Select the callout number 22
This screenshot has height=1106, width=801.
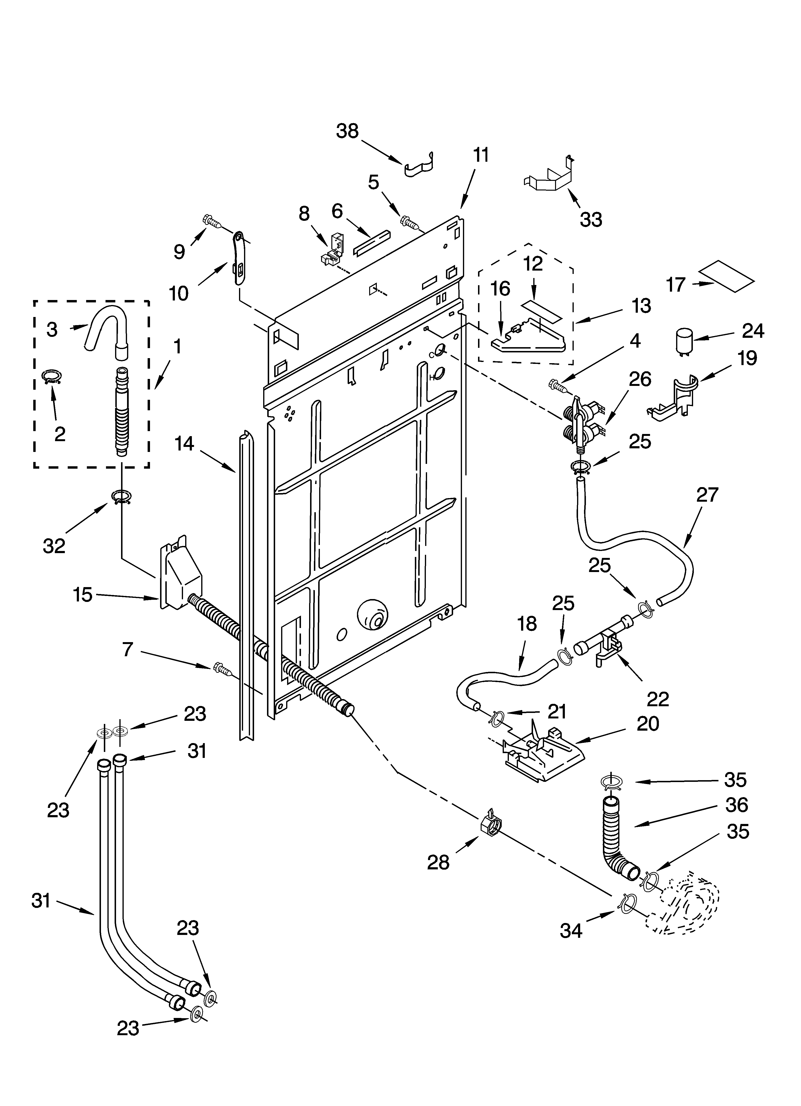658,699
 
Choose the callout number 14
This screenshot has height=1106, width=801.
184,444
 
